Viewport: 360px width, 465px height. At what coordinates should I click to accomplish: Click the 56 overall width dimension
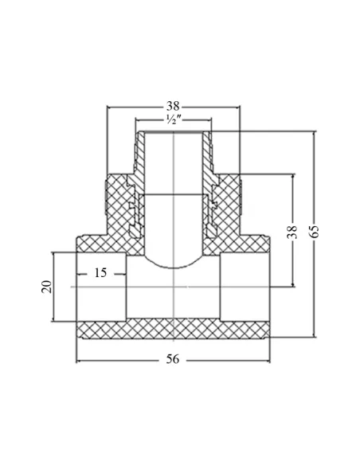(x=173, y=359)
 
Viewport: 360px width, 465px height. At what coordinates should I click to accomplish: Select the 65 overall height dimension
(x=314, y=232)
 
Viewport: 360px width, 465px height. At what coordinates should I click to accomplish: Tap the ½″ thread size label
(x=174, y=119)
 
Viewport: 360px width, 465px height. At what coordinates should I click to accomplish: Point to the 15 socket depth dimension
(x=100, y=272)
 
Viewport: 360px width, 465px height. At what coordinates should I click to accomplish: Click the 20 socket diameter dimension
(x=46, y=287)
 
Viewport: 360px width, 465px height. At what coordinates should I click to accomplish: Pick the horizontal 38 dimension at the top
(x=173, y=106)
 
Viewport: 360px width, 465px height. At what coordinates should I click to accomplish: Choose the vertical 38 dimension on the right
(x=292, y=232)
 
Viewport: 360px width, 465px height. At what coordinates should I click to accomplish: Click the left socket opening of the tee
(x=101, y=287)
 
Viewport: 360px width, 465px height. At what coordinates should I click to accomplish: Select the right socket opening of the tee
(x=245, y=287)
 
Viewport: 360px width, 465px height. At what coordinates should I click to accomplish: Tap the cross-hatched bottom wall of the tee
(x=173, y=329)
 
